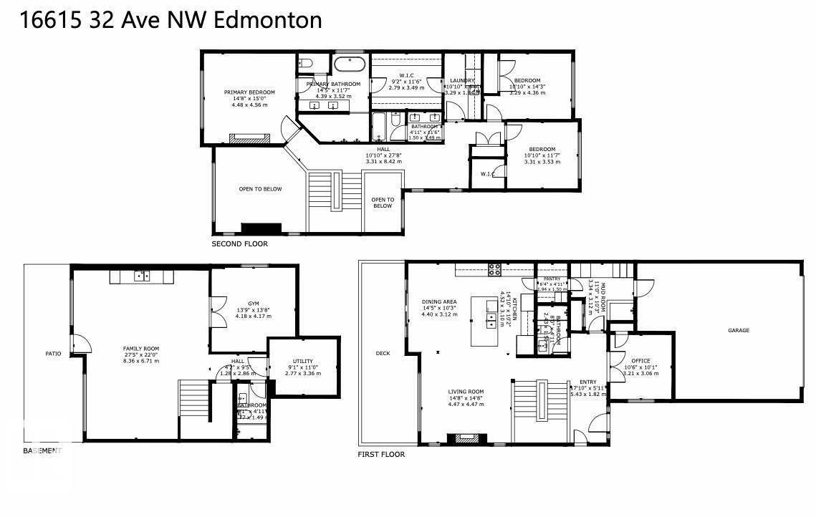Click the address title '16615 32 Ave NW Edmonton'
click(x=171, y=20)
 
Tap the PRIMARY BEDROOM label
click(x=249, y=92)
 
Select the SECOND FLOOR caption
click(x=239, y=244)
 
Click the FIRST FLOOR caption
click(x=381, y=455)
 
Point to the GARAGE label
click(x=739, y=330)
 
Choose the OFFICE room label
click(x=640, y=360)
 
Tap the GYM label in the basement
click(x=254, y=303)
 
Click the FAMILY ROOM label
click(x=141, y=349)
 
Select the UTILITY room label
click(x=302, y=361)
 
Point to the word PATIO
click(x=53, y=354)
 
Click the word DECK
click(x=383, y=353)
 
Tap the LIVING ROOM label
click(x=466, y=392)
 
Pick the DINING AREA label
click(x=439, y=301)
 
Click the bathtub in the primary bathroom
click(x=350, y=63)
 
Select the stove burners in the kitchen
click(x=494, y=269)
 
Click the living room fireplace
click(x=467, y=439)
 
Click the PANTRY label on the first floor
click(x=552, y=279)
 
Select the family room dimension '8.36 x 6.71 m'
click(x=141, y=361)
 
